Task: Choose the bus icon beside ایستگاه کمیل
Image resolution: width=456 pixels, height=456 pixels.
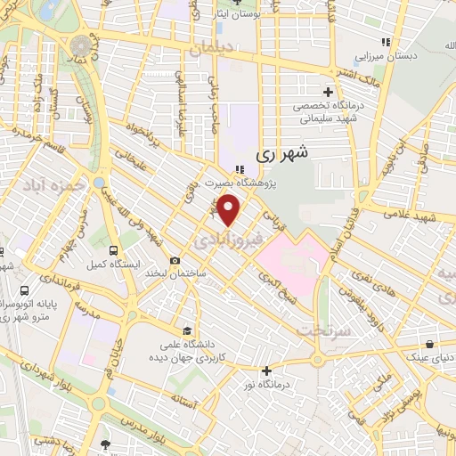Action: pyautogui.click(x=113, y=251)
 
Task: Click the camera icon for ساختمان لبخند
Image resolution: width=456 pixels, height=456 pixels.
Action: pyautogui.click(x=175, y=260)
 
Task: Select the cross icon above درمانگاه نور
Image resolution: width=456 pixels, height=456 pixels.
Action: pyautogui.click(x=266, y=370)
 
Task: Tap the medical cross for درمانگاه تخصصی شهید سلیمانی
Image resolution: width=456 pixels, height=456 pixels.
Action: pyautogui.click(x=328, y=92)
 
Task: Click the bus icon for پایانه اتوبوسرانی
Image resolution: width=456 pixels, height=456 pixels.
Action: pyautogui.click(x=24, y=290)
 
